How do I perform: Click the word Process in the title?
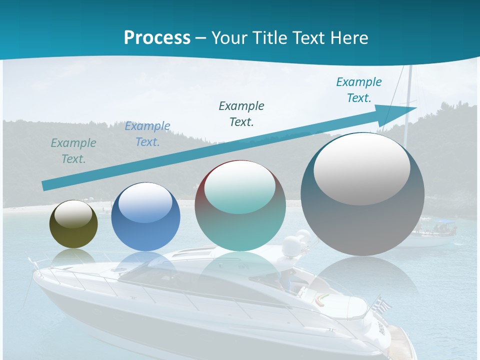157,37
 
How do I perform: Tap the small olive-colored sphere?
73,224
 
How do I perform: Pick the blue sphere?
145,217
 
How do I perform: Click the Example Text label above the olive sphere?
73,151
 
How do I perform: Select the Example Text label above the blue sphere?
147,134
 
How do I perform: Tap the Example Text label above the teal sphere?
241,114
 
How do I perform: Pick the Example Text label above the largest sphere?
359,90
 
